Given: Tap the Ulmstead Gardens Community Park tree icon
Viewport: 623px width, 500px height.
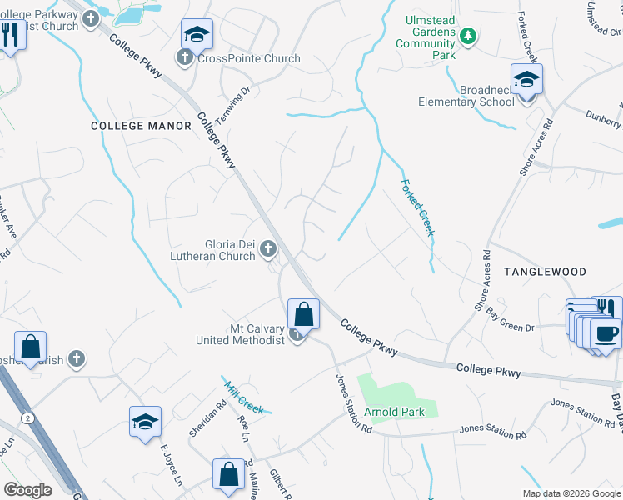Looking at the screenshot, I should click(x=468, y=35).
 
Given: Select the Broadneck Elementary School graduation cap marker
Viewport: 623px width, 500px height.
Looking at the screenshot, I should click(x=526, y=81).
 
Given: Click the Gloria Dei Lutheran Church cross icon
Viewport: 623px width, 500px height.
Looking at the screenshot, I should click(x=268, y=247).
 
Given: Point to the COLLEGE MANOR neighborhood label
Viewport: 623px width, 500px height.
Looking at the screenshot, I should click(x=141, y=126).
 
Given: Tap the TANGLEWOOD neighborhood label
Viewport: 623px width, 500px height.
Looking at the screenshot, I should click(x=545, y=272).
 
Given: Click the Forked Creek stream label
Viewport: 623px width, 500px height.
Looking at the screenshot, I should click(x=417, y=208).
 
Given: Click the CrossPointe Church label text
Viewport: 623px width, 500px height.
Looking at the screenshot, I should click(x=248, y=58).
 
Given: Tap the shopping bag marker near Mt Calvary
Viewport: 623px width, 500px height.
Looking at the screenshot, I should click(x=304, y=315).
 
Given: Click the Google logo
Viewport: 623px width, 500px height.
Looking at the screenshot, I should click(x=27, y=490).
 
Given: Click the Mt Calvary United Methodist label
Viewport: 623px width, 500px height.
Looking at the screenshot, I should click(x=241, y=334).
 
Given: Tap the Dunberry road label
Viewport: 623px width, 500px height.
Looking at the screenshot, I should click(x=603, y=118).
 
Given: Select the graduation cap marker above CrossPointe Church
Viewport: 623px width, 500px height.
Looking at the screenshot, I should click(x=197, y=35).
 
